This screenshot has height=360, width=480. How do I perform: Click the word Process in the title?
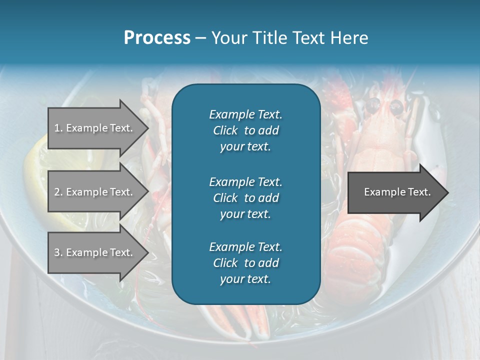[157, 38]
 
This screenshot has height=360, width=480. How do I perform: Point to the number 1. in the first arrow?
[58, 128]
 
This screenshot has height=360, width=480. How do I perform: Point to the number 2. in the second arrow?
[58, 192]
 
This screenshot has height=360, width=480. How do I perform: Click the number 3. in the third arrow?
[58, 252]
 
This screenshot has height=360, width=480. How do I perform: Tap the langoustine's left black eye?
[373, 105]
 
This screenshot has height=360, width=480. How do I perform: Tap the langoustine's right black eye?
[396, 106]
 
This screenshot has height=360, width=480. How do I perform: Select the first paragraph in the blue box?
[245, 130]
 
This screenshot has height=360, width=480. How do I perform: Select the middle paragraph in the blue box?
[245, 198]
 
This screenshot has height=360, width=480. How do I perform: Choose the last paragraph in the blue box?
[245, 263]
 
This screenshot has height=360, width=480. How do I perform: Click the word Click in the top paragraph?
[225, 130]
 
